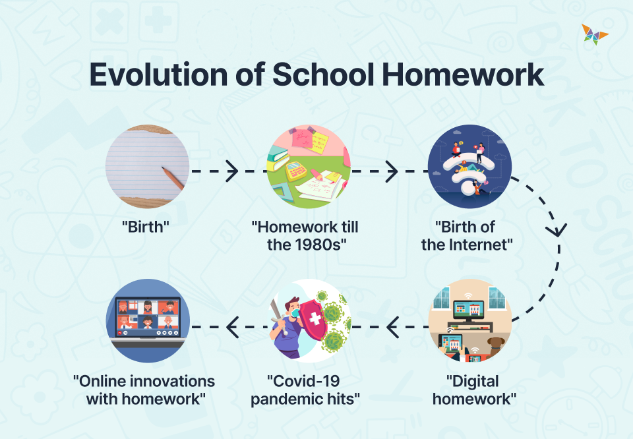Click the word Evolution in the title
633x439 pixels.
click(x=158, y=74)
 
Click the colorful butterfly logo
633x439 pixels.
click(x=594, y=34)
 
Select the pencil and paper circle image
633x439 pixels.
click(x=147, y=166)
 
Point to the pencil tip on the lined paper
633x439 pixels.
click(x=164, y=169)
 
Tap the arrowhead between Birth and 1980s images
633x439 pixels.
click(x=232, y=171)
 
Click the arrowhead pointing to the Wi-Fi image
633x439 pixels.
click(x=392, y=171)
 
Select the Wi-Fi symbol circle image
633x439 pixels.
click(x=469, y=166)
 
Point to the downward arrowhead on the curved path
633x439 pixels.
click(x=558, y=230)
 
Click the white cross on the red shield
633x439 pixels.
click(x=315, y=320)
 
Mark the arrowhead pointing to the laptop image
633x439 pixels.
click(x=233, y=326)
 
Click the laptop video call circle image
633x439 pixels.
click(x=147, y=320)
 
